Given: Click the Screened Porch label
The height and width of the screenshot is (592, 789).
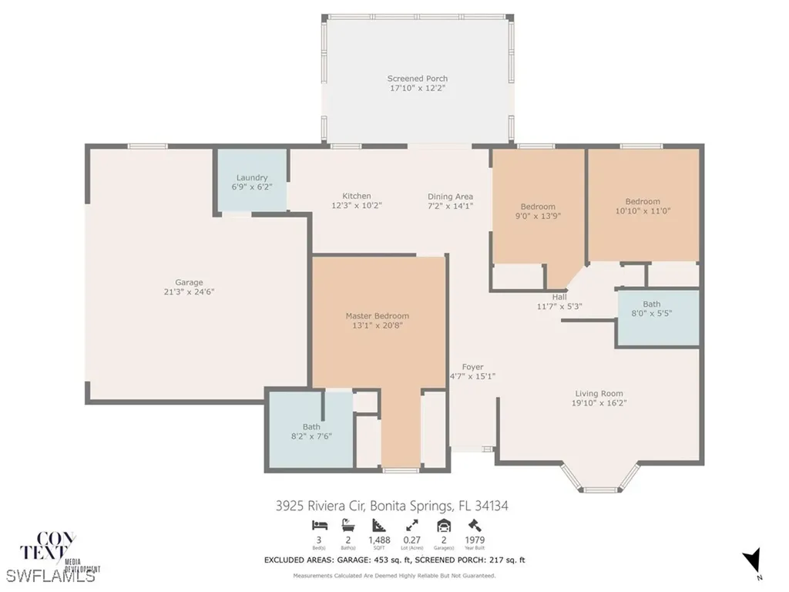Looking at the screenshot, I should click(417, 79).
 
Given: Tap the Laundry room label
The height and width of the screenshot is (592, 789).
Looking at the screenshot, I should click(252, 177).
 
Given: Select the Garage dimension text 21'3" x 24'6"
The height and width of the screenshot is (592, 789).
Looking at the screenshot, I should click(189, 293).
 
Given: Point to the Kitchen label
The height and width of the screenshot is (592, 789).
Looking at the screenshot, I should click(357, 196).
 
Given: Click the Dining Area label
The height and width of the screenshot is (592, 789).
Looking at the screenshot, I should click(451, 197).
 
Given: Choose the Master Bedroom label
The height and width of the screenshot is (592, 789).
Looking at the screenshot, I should click(377, 316).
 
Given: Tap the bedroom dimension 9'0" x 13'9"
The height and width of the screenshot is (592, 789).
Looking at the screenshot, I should click(538, 217).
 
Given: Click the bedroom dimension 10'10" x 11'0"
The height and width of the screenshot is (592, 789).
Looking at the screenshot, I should click(643, 211).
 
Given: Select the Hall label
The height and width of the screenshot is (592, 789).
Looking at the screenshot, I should click(559, 297).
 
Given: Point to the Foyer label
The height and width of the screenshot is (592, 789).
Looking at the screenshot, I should click(472, 367).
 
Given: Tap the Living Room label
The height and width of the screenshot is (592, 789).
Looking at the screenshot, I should click(599, 393).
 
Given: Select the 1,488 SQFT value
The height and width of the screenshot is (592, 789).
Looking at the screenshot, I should click(378, 540).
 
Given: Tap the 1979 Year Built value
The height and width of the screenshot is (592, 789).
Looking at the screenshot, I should click(475, 540).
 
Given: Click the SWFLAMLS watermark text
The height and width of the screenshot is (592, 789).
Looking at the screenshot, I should click(51, 575).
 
